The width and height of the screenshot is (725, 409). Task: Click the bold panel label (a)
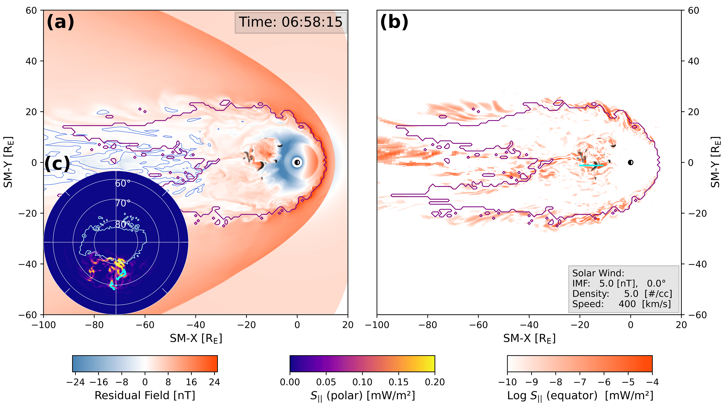tap(60, 22)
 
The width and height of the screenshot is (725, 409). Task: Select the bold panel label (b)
tap(394, 22)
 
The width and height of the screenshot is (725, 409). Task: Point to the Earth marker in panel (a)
tap(297, 162)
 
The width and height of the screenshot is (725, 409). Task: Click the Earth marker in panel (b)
tap(630, 162)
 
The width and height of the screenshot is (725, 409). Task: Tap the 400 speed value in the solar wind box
tap(627, 304)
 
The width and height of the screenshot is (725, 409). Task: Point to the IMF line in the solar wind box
tap(619, 283)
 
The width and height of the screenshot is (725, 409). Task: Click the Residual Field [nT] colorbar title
tap(145, 395)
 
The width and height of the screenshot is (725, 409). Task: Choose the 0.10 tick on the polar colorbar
tap(362, 382)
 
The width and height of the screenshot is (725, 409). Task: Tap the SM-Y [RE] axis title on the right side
tap(715, 162)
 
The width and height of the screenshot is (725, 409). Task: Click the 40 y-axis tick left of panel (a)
tap(31, 61)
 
